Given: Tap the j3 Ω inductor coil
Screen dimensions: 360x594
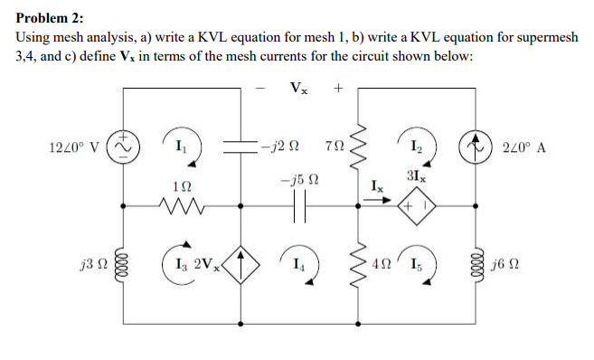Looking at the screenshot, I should tap(122, 268).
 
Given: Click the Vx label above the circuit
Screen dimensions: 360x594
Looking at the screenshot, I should tap(299, 89).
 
